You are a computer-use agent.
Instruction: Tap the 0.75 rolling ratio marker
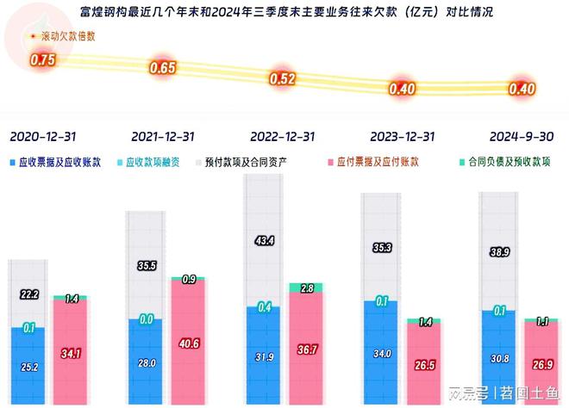pyautogui.click(x=42, y=60)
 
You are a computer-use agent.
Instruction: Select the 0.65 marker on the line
pyautogui.click(x=163, y=67)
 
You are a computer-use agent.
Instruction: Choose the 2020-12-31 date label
pyautogui.click(x=42, y=137)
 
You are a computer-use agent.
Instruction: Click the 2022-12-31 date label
pyautogui.click(x=282, y=137)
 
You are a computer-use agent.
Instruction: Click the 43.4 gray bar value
pyautogui.click(x=266, y=241)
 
